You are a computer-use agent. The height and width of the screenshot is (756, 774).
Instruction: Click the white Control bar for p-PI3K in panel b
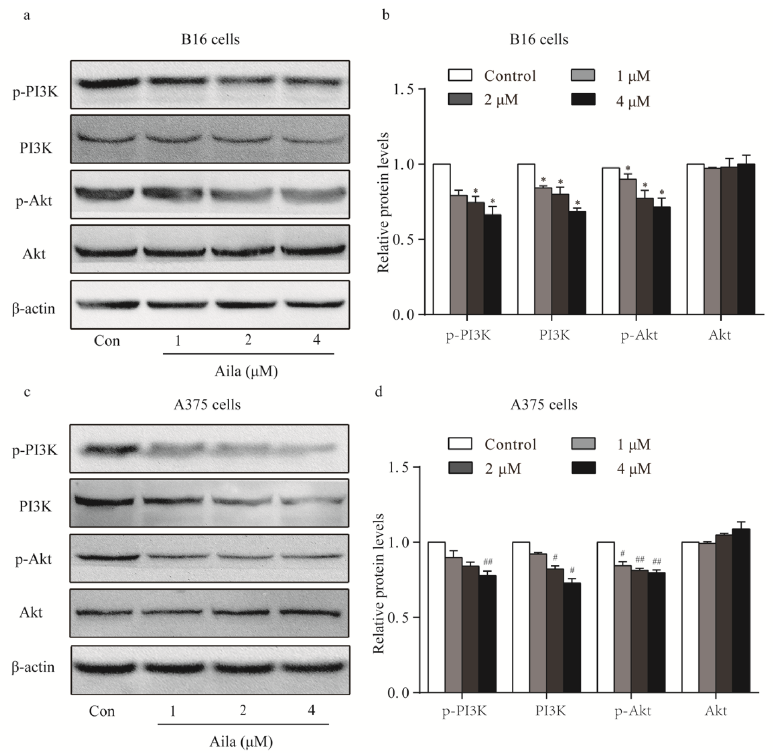coord(441,239)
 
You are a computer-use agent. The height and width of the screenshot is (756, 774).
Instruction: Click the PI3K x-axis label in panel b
coord(554,335)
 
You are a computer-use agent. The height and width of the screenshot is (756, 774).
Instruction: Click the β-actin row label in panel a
coord(34,309)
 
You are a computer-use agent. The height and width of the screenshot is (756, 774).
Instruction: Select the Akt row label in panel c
coord(31,612)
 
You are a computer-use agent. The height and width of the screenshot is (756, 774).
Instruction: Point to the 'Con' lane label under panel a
coord(107,341)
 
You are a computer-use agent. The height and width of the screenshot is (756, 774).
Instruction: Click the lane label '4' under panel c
coord(311,709)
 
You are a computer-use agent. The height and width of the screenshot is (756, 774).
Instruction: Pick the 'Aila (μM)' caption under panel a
coord(246,371)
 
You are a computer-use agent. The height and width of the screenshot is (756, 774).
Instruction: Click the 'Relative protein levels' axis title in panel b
coord(383,203)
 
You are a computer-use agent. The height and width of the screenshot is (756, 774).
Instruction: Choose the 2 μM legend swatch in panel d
coord(460,468)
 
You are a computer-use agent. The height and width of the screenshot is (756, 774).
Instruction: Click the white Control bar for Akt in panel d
coord(690,618)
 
